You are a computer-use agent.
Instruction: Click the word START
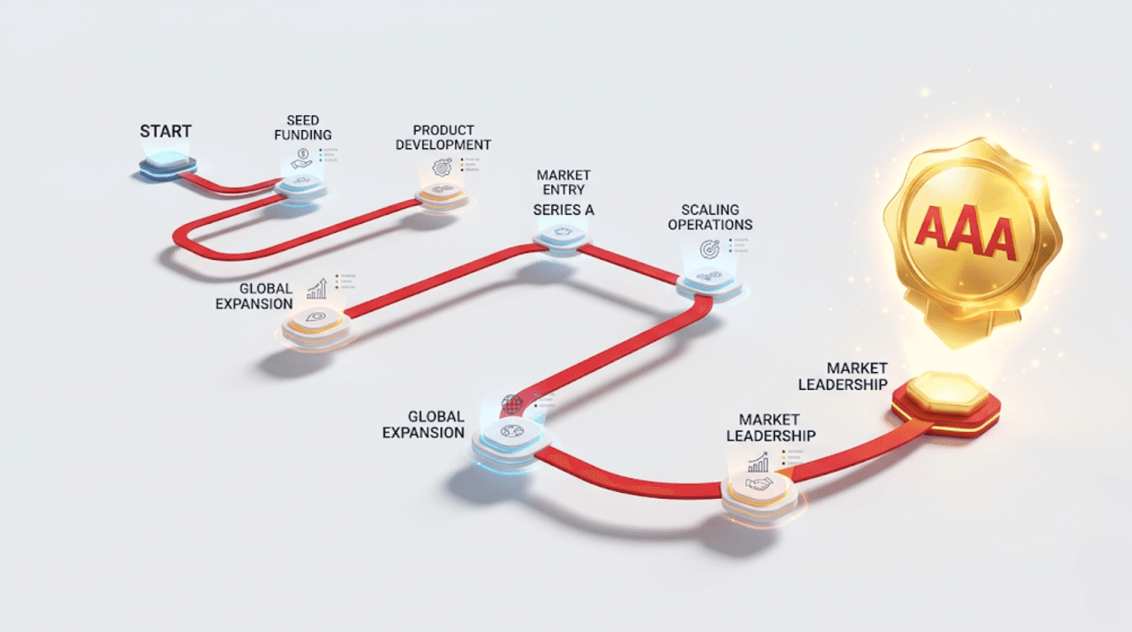click(165, 132)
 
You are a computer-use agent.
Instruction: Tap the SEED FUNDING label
click(303, 128)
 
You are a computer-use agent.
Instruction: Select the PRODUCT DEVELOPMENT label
click(443, 137)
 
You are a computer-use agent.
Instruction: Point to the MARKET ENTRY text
click(564, 183)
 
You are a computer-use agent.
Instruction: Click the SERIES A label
click(564, 210)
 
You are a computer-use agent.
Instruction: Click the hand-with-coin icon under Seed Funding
click(302, 158)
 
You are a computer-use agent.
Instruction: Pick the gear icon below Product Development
click(443, 167)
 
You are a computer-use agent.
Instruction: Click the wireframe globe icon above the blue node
click(512, 404)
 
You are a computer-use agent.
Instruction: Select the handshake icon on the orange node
click(759, 485)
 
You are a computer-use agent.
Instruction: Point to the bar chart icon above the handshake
click(758, 462)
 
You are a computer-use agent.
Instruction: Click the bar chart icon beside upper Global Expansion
click(317, 288)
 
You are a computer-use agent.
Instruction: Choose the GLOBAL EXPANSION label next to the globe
click(424, 425)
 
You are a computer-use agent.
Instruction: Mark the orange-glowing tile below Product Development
click(442, 197)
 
